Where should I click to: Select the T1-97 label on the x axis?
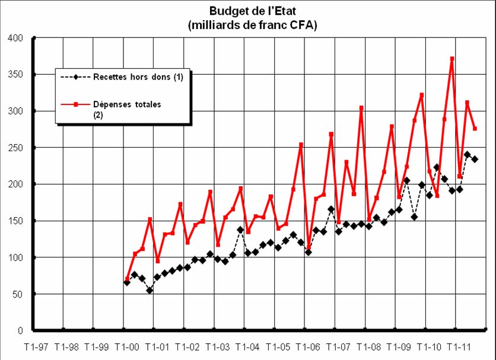point(37,347)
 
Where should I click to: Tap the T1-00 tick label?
point(128,347)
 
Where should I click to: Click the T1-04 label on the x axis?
point(247,347)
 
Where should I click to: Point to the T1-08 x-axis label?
point(368,347)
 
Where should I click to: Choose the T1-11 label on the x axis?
point(458,347)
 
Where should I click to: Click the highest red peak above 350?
point(452,59)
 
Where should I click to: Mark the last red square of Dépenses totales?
point(475,129)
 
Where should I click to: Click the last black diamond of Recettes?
point(475,159)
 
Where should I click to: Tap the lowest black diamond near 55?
point(150,290)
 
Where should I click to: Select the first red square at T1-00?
point(127,279)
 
